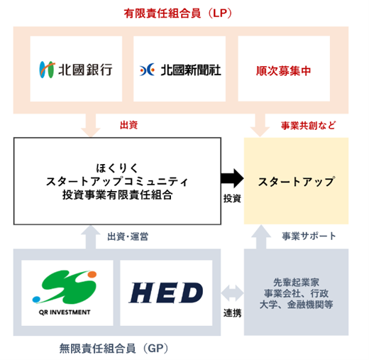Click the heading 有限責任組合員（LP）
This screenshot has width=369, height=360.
tap(178, 13)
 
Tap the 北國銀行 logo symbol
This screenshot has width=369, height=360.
tap(47, 70)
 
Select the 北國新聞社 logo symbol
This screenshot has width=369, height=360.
tap(147, 70)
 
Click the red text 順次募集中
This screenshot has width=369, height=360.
tap(283, 71)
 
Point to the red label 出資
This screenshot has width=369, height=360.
tap(128, 125)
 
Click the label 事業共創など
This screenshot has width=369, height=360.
tap(308, 126)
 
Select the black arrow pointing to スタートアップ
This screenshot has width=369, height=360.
tap(232, 178)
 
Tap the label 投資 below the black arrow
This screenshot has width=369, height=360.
tap(232, 198)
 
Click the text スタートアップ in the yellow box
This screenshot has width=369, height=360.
tap(297, 182)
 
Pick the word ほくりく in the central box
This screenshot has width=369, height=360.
tap(117, 168)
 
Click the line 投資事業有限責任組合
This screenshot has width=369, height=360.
tap(117, 195)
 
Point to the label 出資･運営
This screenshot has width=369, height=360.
tap(128, 236)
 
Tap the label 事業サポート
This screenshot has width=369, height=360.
tap(309, 236)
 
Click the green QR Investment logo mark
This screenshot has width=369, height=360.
tap(65, 287)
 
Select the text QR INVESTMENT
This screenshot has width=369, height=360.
tap(65, 312)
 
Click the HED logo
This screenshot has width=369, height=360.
tap(166, 293)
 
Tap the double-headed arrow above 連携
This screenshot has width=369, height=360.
tap(232, 293)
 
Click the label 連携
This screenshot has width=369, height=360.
tap(232, 313)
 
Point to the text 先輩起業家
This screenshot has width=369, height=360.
tap(296, 282)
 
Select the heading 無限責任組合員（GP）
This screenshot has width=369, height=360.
tap(114, 349)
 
